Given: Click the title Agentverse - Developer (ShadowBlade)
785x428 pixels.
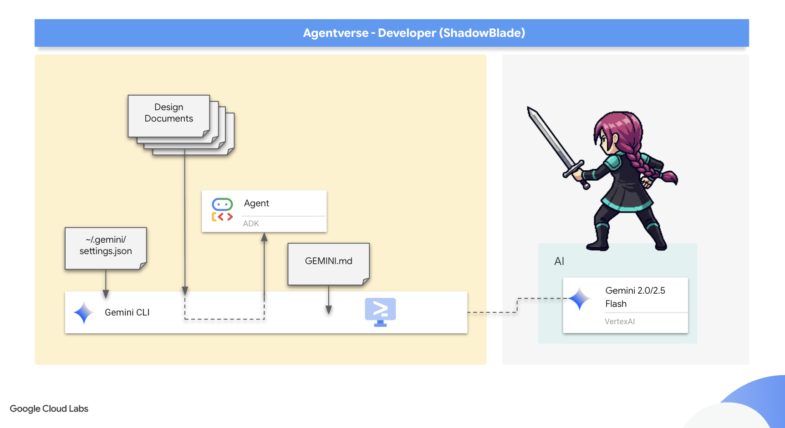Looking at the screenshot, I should pos(414,33).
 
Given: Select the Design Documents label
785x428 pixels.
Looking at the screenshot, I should pos(168,113).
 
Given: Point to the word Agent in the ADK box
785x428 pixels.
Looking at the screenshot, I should pos(256,203).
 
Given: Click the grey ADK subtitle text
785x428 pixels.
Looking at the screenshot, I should pos(251,224).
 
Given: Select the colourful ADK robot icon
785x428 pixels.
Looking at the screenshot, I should pos(222,210).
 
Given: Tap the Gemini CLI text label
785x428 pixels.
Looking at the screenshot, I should pos(127,312).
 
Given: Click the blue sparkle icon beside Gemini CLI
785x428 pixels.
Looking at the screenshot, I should pos(84,313).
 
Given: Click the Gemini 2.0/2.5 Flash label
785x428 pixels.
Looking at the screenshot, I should pos(635,297).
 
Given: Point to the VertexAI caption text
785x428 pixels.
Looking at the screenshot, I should pos(619,321).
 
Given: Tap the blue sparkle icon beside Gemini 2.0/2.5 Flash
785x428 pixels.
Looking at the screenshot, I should pos(580,299).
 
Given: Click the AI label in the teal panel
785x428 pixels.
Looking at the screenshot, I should pos(559,261).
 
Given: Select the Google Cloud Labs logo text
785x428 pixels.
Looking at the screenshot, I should pos(49,409).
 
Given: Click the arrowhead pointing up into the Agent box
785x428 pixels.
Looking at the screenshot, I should pos(264,237).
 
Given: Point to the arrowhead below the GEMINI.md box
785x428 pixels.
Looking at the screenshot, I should pos(329,310).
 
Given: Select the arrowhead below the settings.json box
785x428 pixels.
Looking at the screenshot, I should pos(106,294).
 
